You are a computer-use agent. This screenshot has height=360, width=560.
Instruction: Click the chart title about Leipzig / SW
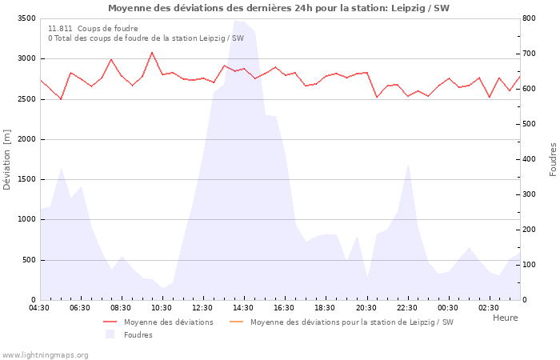(x=278, y=8)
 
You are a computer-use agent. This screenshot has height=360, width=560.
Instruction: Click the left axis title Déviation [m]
(x=7, y=158)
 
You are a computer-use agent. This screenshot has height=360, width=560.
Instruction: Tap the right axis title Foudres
(x=553, y=159)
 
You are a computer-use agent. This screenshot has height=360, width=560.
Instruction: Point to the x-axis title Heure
(x=505, y=318)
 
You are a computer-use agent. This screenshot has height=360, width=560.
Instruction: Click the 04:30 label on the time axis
(x=39, y=308)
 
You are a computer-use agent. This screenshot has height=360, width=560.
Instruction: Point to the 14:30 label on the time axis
(x=243, y=308)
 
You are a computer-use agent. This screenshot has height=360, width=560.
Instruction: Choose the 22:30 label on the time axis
(x=407, y=308)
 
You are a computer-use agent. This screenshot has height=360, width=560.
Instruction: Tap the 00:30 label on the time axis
(x=448, y=308)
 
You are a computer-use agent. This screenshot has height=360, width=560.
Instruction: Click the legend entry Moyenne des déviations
(x=168, y=322)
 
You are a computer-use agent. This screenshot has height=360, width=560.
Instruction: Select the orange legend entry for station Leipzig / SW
(x=351, y=322)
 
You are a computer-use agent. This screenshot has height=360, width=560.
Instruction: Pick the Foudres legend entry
(x=138, y=335)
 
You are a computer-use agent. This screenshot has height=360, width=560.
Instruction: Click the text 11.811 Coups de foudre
(x=93, y=29)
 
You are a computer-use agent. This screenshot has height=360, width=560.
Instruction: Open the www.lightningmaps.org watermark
(x=45, y=355)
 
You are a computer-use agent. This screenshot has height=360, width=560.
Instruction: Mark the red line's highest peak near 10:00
(x=152, y=53)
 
